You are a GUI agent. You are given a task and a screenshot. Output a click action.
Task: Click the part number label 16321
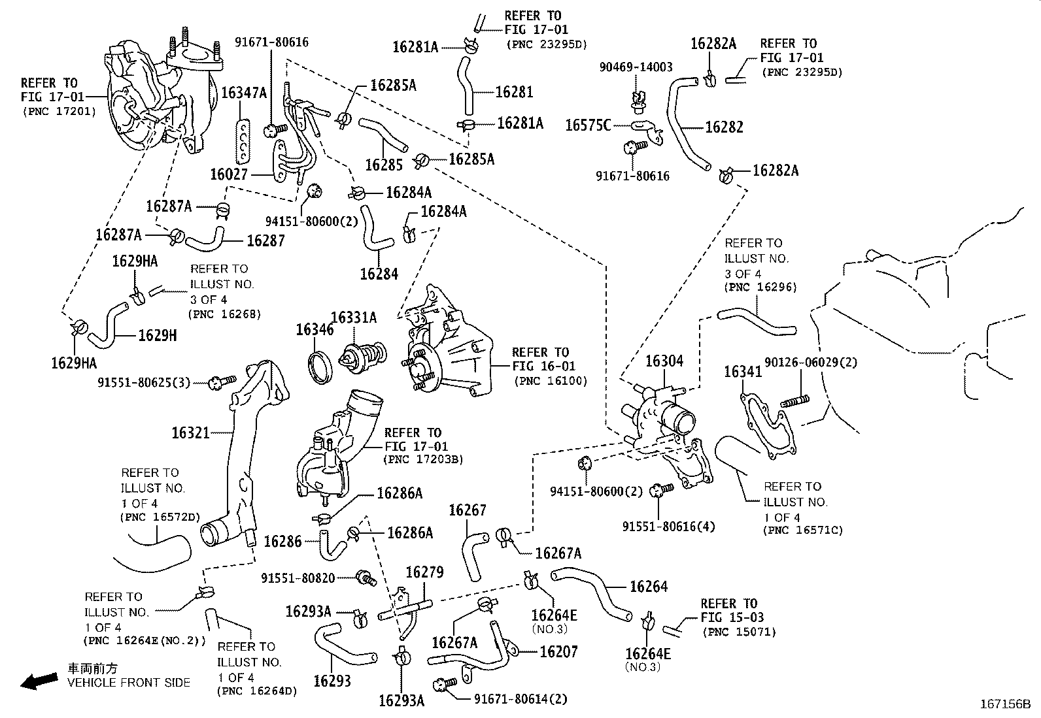tap(190, 432)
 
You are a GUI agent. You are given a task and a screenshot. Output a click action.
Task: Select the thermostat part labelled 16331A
tap(362, 358)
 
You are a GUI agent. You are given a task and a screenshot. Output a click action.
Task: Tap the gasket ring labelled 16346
tap(321, 367)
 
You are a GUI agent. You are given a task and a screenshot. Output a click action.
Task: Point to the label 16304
tap(664, 361)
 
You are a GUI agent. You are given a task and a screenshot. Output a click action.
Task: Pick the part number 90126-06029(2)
tap(819, 362)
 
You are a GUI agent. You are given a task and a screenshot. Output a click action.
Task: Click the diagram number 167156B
tap(1004, 704)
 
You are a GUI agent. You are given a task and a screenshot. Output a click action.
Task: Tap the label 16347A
tap(244, 92)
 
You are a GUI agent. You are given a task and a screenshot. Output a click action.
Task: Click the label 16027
tap(229, 174)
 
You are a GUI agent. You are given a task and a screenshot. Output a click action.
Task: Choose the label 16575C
tap(588, 125)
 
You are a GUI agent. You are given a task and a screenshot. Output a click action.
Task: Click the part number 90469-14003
tap(637, 67)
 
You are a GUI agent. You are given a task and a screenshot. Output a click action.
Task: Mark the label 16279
tap(424, 572)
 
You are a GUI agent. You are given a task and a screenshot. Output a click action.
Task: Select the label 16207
tap(558, 651)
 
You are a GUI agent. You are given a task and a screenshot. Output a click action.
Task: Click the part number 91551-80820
tap(307, 578)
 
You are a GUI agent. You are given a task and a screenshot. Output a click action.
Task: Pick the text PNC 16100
tap(551, 381)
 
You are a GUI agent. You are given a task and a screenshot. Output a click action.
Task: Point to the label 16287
tap(265, 240)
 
